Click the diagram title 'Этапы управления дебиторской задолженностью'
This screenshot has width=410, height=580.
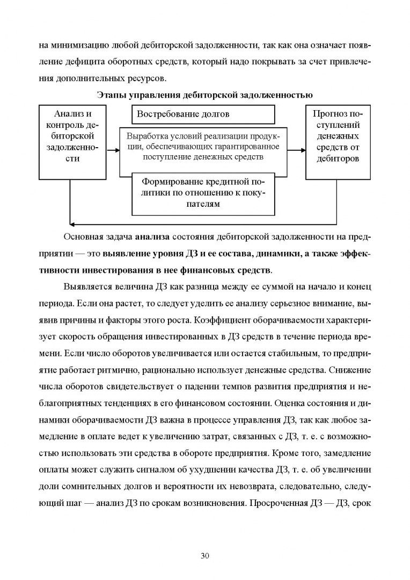pos(204,96)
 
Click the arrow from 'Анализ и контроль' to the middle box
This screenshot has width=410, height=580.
pos(112,151)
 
